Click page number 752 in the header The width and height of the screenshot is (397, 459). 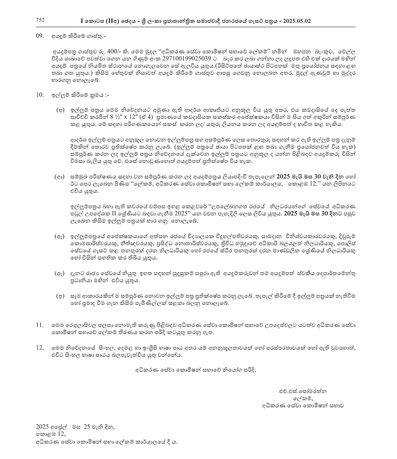[40, 21]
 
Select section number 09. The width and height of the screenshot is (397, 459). [40, 36]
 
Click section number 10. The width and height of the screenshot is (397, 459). [40, 95]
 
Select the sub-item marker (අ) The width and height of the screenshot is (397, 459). [60, 110]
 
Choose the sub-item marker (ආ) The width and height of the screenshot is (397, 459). [59, 177]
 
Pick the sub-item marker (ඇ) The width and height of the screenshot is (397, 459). [59, 237]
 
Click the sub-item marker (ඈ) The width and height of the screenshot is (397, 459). [59, 273]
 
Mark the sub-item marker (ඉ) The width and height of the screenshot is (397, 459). [60, 296]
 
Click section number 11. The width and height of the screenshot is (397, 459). [40, 325]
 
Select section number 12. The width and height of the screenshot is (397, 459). [40, 347]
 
